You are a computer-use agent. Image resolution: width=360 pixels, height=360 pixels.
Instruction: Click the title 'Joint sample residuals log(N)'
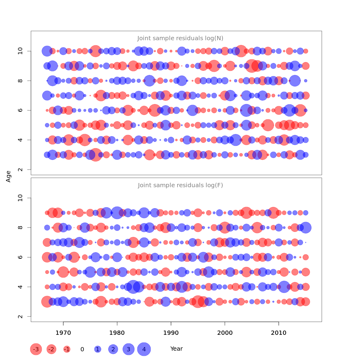[x=180, y=38]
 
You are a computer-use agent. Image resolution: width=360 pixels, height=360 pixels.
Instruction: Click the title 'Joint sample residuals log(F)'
[x=180, y=185]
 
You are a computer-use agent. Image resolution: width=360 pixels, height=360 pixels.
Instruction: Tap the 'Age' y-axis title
[x=8, y=176]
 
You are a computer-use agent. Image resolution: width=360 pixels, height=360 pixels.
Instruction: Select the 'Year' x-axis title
[x=176, y=349]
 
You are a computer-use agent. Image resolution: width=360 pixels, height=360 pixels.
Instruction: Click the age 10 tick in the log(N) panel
[x=20, y=51]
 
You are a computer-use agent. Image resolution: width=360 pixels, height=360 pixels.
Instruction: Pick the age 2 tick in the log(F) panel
[x=20, y=316]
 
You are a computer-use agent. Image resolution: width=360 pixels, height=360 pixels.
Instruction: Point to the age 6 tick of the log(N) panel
[x=20, y=110]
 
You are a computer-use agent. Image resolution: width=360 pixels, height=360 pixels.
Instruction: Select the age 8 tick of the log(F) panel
[x=20, y=228]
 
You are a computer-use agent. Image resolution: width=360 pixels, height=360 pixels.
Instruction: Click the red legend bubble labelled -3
[x=36, y=349]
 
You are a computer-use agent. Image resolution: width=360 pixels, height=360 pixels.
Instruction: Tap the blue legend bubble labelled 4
[x=144, y=349]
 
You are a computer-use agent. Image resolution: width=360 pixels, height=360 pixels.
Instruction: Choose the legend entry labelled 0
[x=82, y=349]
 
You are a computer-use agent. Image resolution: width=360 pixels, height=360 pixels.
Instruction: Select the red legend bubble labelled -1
[x=67, y=349]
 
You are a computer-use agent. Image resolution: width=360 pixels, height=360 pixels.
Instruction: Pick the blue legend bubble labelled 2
[x=113, y=349]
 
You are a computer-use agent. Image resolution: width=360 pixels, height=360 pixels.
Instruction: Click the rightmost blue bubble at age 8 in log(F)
[x=306, y=228]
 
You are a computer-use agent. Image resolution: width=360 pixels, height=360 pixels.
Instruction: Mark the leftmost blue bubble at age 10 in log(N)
[x=47, y=51]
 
